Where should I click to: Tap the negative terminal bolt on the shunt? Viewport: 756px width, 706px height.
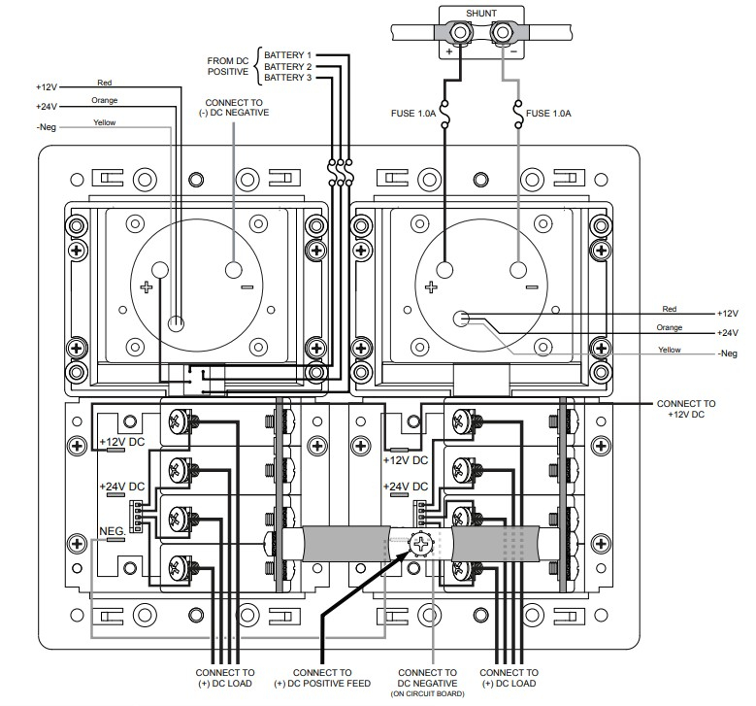(x=502, y=35)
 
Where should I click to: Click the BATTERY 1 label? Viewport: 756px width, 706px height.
(x=288, y=54)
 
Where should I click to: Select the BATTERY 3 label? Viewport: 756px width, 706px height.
(x=288, y=78)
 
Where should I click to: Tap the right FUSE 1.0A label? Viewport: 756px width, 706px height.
(x=548, y=114)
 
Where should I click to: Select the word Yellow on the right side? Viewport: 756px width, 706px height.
(x=670, y=350)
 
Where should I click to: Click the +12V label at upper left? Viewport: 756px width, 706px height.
(x=46, y=87)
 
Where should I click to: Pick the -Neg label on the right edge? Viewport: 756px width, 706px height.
(x=728, y=353)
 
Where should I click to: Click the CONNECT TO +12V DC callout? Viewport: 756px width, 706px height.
(x=686, y=409)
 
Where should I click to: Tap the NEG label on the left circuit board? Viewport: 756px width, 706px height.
(x=112, y=530)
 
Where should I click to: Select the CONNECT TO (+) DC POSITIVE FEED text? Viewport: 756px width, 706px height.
(x=321, y=677)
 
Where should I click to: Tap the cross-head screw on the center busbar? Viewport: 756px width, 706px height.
(x=422, y=545)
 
